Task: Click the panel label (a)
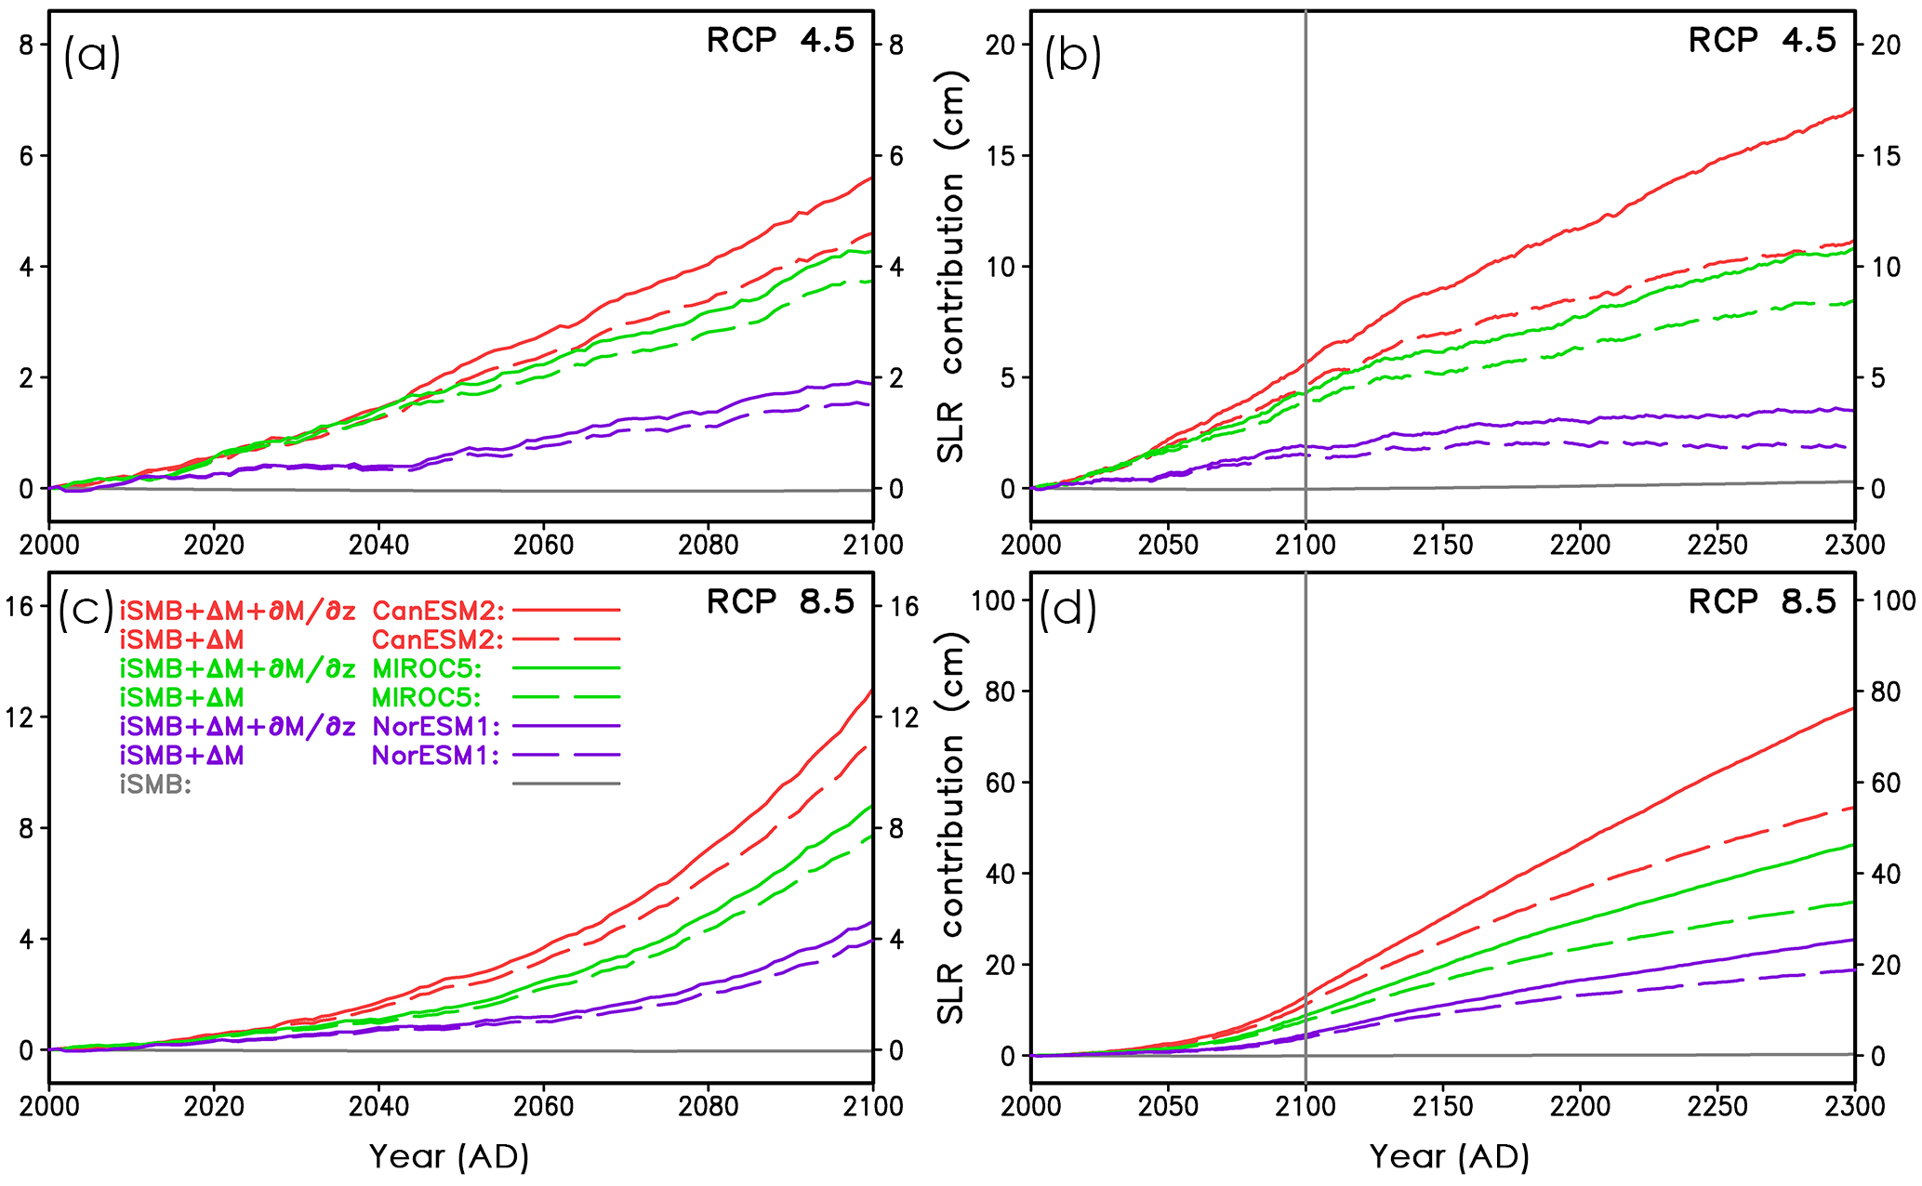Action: pyautogui.click(x=91, y=57)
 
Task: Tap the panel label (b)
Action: pyautogui.click(x=1072, y=57)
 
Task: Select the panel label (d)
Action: pyautogui.click(x=1067, y=610)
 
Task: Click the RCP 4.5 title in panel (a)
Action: pyautogui.click(x=780, y=41)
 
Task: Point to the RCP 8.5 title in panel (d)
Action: pyautogui.click(x=1762, y=602)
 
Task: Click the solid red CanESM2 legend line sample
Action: pyautogui.click(x=565, y=611)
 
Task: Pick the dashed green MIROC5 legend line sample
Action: pyautogui.click(x=565, y=697)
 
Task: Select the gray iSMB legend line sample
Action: pyautogui.click(x=565, y=784)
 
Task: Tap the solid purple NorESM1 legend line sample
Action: pyautogui.click(x=565, y=726)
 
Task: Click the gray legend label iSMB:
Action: pyautogui.click(x=155, y=784)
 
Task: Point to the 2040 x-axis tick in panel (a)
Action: pyautogui.click(x=378, y=544)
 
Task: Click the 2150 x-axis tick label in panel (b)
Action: pyautogui.click(x=1442, y=544)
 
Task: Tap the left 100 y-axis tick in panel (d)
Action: pyautogui.click(x=994, y=600)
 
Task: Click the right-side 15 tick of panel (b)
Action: pyautogui.click(x=1886, y=156)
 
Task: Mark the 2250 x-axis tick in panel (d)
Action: pyautogui.click(x=1717, y=1106)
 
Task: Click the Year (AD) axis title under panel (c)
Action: pyautogui.click(x=449, y=1157)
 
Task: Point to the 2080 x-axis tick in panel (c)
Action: pyautogui.click(x=709, y=1106)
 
